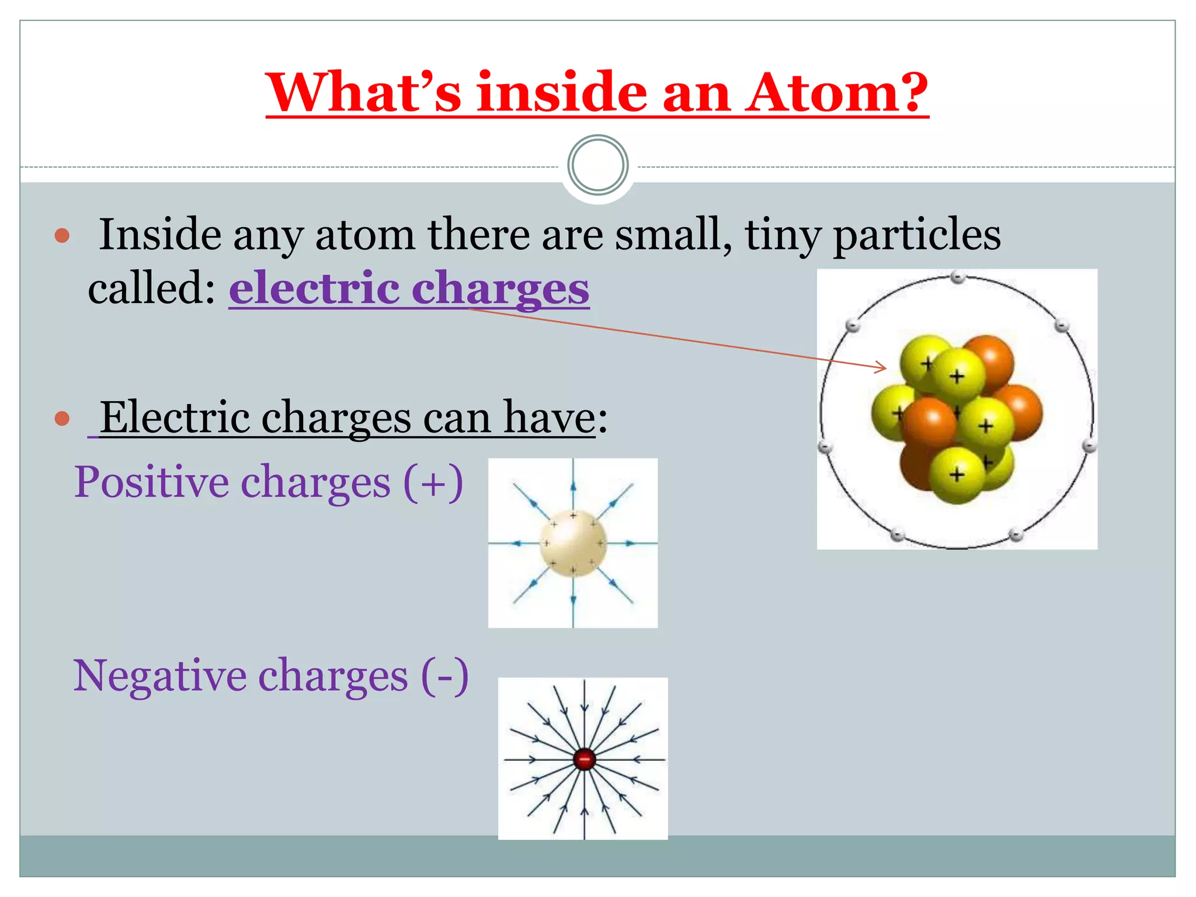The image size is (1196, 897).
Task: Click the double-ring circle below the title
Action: (x=597, y=165)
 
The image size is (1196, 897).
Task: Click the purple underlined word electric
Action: (x=314, y=288)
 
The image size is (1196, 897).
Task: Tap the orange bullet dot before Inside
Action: (x=62, y=236)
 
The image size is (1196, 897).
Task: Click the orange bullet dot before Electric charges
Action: (x=62, y=418)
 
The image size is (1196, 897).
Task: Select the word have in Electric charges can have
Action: (x=549, y=418)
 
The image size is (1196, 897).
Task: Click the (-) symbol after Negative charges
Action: (x=444, y=676)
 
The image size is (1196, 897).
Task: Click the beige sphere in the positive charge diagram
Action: (x=573, y=543)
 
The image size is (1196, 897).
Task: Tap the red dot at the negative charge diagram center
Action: (x=584, y=759)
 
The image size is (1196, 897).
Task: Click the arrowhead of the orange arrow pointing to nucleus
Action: (x=884, y=367)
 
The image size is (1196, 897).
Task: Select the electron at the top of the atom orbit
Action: (x=957, y=277)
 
